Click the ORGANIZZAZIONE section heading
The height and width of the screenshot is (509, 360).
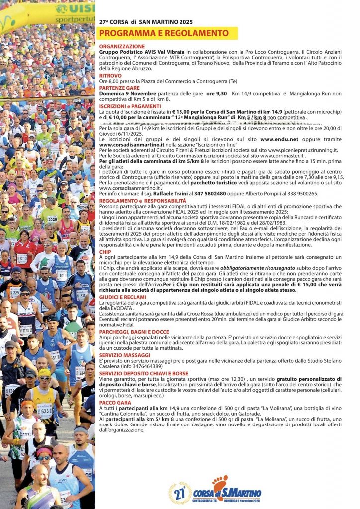tap(120, 46)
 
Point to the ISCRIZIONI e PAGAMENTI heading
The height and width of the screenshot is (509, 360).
tap(130, 106)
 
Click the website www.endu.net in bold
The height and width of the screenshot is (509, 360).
tap(279, 140)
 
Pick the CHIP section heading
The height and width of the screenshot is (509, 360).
tap(105, 252)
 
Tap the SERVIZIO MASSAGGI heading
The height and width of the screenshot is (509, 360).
tap(125, 355)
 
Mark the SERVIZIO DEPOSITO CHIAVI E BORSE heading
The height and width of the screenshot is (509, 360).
tap(144, 373)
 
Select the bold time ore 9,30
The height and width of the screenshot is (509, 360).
tap(217, 93)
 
